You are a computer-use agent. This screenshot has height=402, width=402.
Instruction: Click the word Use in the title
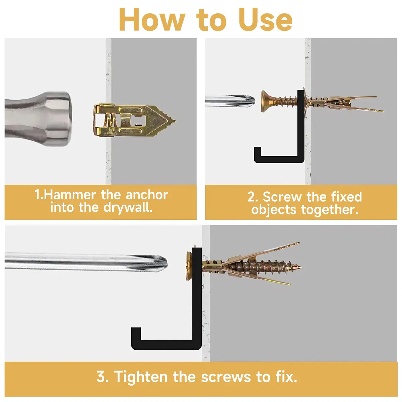[265, 20]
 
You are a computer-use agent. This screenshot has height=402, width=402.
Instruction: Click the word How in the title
[152, 20]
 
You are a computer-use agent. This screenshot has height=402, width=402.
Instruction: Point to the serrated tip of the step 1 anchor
[171, 121]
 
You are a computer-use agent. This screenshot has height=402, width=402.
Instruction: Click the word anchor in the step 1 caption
[147, 195]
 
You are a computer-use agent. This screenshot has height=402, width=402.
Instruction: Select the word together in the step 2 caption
[330, 210]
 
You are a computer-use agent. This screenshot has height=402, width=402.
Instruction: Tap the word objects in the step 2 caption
[274, 210]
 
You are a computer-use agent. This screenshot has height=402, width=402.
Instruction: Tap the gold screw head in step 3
[189, 266]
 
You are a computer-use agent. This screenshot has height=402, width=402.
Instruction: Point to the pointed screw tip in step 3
[299, 267]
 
